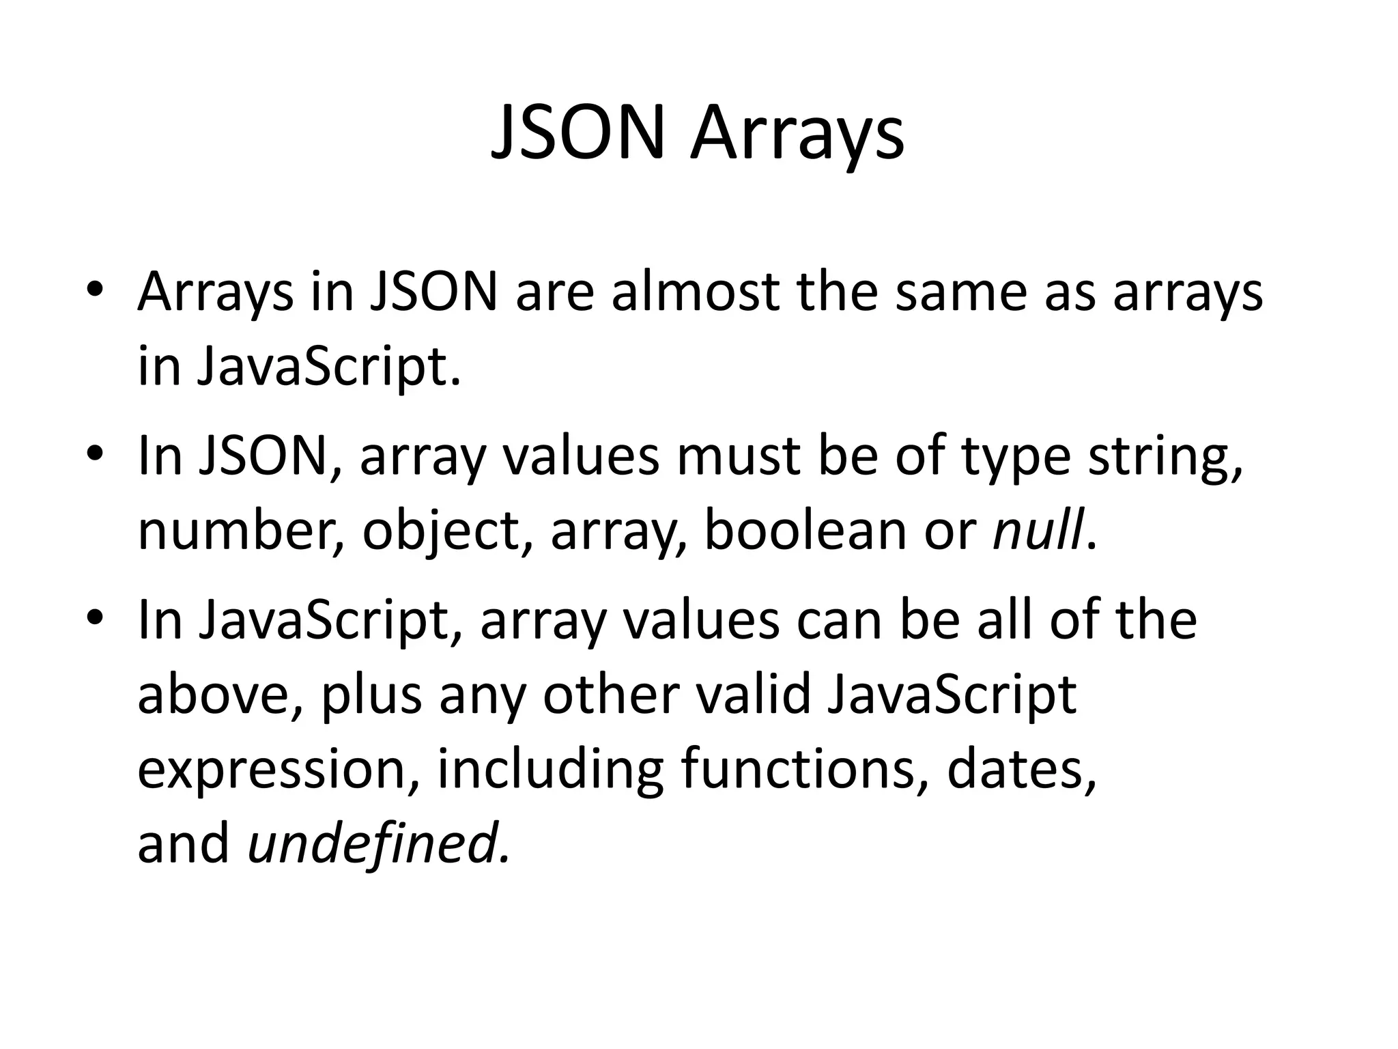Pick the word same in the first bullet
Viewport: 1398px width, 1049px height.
point(960,292)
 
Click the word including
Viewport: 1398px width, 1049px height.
point(550,769)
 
